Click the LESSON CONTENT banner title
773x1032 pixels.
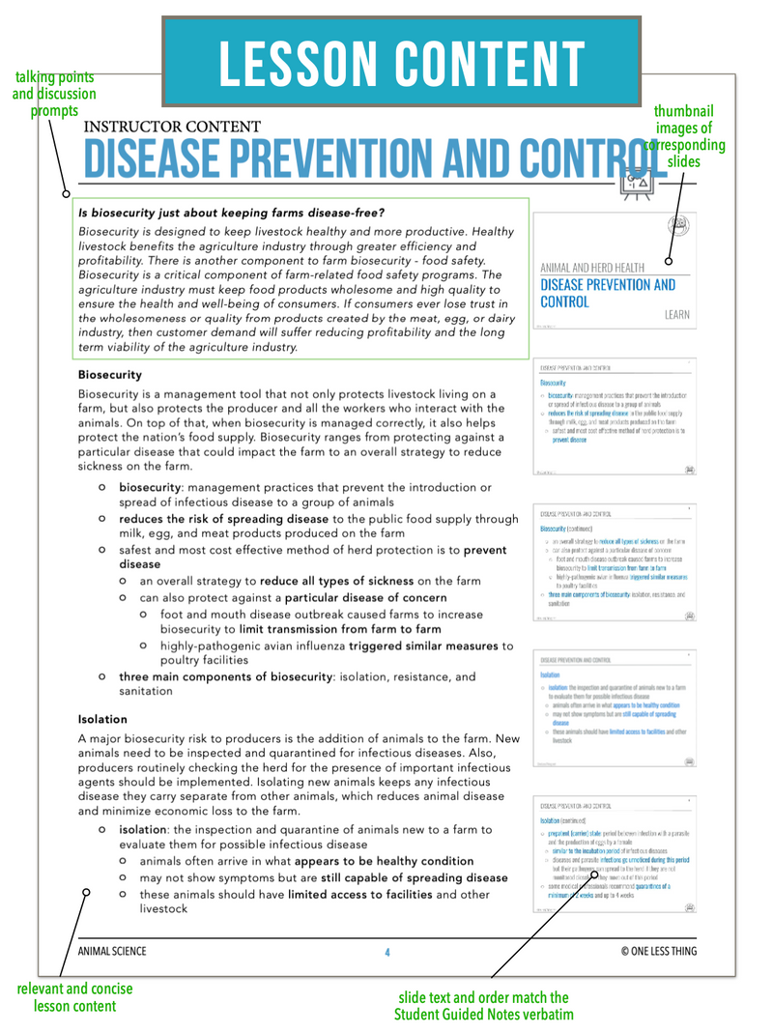[x=401, y=64]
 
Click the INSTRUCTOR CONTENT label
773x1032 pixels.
[x=172, y=127]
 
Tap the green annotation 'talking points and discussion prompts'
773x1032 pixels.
[x=54, y=94]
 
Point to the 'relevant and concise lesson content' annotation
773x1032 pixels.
[x=75, y=997]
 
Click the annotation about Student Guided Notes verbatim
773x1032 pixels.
[x=483, y=1006]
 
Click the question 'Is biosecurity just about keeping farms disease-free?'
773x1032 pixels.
[x=231, y=213]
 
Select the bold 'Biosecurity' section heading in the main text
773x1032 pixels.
[x=110, y=374]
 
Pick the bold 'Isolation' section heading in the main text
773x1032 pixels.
[x=102, y=719]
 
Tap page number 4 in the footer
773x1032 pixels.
[x=387, y=952]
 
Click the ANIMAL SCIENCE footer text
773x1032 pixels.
[x=112, y=952]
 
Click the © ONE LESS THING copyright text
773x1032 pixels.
[x=658, y=952]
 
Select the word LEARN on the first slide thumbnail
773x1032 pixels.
[x=676, y=315]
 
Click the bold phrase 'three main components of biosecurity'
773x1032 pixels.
[x=225, y=677]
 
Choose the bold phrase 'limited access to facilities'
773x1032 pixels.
[x=359, y=894]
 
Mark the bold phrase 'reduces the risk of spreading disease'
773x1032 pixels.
[x=223, y=519]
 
